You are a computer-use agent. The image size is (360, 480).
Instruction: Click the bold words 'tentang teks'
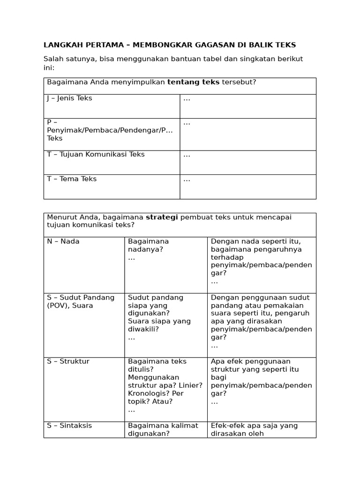click(193, 82)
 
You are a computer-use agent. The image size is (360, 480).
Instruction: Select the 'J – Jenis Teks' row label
click(69, 98)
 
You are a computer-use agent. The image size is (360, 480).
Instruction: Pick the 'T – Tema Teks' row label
click(72, 179)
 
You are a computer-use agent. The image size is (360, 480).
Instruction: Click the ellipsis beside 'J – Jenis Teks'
click(187, 98)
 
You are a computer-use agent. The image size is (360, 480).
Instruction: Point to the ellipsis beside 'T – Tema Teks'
click(187, 179)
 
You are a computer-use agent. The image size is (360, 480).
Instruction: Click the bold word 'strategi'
click(162, 217)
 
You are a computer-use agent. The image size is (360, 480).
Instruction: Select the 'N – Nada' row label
click(63, 241)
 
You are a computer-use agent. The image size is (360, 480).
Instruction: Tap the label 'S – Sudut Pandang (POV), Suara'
click(81, 301)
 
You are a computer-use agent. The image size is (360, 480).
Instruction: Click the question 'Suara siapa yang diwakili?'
click(159, 325)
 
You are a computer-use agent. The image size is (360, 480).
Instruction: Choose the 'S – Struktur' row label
click(68, 361)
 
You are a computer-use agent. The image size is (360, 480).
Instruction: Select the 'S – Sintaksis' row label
click(69, 426)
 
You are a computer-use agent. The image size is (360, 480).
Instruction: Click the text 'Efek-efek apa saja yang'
click(254, 426)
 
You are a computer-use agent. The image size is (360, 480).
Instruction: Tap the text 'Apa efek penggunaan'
click(251, 361)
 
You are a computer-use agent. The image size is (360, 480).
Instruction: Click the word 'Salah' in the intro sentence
click(53, 59)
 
